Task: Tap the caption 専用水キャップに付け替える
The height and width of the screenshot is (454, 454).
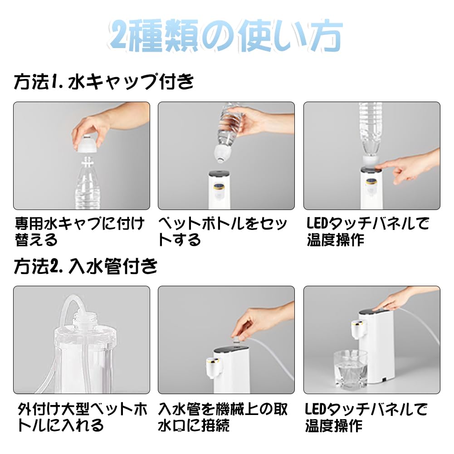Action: click(x=80, y=232)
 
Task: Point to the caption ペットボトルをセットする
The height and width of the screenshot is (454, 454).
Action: click(x=223, y=232)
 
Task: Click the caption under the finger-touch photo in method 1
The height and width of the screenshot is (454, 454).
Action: click(x=368, y=232)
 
